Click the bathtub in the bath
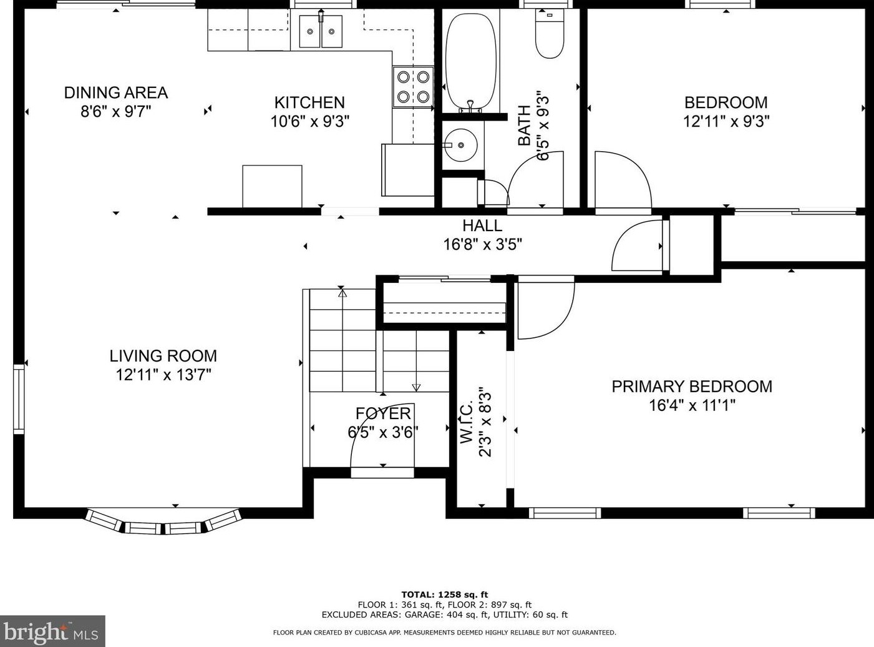coord(470,61)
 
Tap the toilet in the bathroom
coord(550,33)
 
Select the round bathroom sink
coord(460,145)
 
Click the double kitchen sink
coord(321,31)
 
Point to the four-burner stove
coord(413,87)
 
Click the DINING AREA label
coord(116,92)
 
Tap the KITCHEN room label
coord(309,102)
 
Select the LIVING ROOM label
coord(163,356)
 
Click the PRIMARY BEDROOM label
coord(692,386)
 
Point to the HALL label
coord(482,225)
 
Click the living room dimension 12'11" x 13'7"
coord(163,374)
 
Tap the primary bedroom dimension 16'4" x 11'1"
coord(692,405)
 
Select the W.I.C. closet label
coord(467,423)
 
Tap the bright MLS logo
coord(52,631)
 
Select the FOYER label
coord(383,413)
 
